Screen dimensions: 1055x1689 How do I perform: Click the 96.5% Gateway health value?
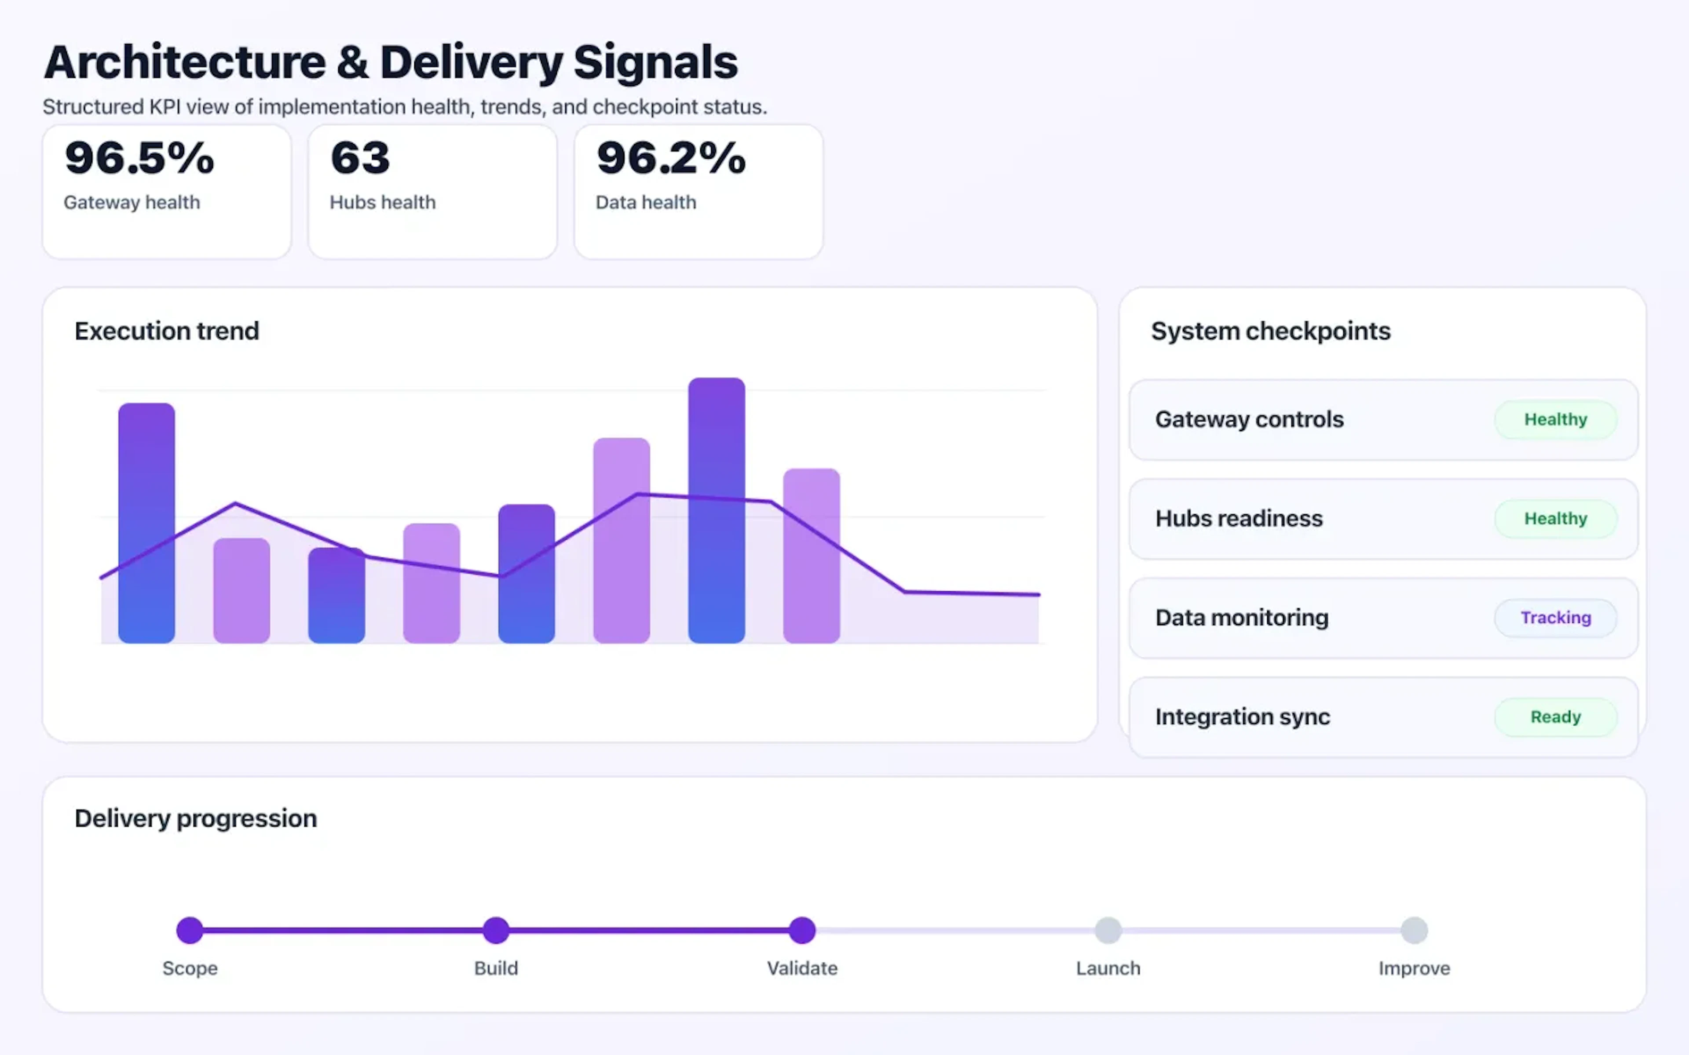point(139,158)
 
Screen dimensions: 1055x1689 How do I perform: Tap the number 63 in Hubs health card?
point(360,158)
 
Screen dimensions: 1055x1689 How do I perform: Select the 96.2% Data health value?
point(671,158)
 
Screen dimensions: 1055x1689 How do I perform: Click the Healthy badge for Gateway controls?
point(1555,419)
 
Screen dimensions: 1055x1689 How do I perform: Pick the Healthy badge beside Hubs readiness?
point(1555,518)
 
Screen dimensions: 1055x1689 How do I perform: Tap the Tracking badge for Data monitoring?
point(1555,618)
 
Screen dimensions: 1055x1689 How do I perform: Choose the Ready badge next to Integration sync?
point(1555,717)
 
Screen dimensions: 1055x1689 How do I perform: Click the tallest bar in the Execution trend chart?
point(716,510)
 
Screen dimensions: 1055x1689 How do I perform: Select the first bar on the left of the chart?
point(146,523)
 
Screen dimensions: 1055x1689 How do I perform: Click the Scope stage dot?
point(190,930)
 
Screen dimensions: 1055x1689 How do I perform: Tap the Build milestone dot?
point(496,930)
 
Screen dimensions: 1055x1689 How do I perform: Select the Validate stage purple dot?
point(802,930)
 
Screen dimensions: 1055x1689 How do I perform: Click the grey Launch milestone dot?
point(1108,930)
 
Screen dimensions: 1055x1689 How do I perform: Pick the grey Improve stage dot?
point(1414,930)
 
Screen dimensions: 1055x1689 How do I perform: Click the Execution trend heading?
point(167,331)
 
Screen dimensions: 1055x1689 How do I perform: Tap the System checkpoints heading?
point(1270,331)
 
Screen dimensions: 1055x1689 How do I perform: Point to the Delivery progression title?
point(195,818)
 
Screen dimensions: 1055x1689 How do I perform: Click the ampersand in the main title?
point(352,63)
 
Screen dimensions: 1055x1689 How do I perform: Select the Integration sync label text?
point(1242,717)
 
